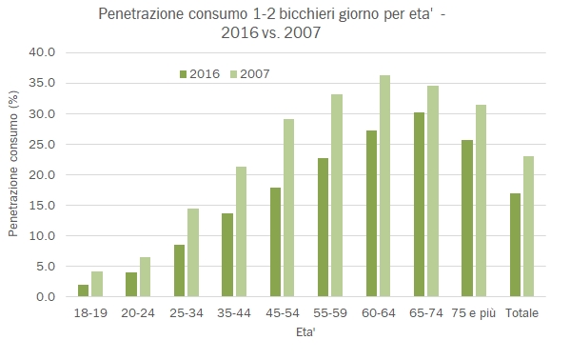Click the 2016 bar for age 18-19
tap(83, 290)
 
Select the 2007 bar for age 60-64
tap(383, 186)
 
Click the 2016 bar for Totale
tap(515, 245)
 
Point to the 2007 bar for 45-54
tap(288, 208)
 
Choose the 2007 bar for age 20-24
tap(145, 276)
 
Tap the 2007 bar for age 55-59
tap(336, 195)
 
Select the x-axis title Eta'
tap(305, 333)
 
